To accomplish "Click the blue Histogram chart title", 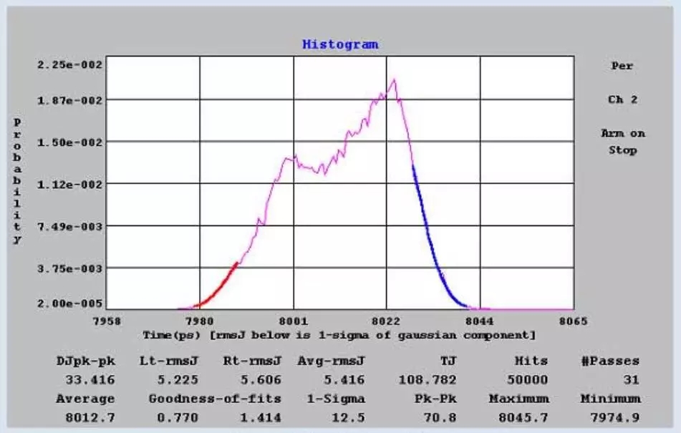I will (340, 44).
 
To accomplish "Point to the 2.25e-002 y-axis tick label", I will (70, 64).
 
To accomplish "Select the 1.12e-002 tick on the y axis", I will (70, 184).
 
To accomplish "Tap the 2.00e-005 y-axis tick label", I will (70, 303).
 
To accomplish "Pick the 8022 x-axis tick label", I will (387, 321).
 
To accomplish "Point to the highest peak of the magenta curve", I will (393, 79).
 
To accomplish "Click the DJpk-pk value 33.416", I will (85, 379).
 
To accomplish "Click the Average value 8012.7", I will (85, 417).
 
